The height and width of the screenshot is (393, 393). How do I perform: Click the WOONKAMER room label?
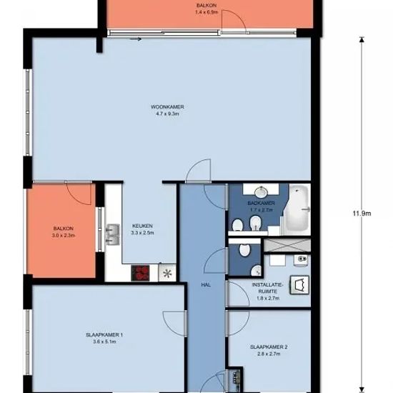[167, 107]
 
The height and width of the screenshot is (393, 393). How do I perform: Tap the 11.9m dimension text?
[362, 214]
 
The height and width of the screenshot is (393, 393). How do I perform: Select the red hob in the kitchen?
[140, 273]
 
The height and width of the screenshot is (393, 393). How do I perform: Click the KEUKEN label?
[142, 226]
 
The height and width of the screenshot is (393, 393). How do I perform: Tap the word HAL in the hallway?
[206, 284]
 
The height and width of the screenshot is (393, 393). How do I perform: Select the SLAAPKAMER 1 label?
[104, 335]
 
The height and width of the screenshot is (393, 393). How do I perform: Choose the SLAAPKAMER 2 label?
[269, 347]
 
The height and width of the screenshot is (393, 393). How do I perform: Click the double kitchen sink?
[112, 234]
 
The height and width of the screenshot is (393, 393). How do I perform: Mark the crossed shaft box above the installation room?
[287, 245]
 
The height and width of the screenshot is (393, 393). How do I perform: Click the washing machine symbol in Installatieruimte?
[299, 284]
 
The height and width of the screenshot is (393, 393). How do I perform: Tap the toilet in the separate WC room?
[244, 249]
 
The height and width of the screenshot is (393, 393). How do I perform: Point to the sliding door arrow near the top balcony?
[136, 39]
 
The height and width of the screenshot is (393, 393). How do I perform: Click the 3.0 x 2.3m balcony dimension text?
[64, 235]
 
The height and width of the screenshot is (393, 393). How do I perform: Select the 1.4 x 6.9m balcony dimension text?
[206, 11]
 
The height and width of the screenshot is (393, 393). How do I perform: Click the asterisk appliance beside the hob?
[167, 273]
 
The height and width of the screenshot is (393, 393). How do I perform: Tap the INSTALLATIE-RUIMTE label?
[268, 288]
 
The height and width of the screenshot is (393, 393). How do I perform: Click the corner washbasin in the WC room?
[256, 271]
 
